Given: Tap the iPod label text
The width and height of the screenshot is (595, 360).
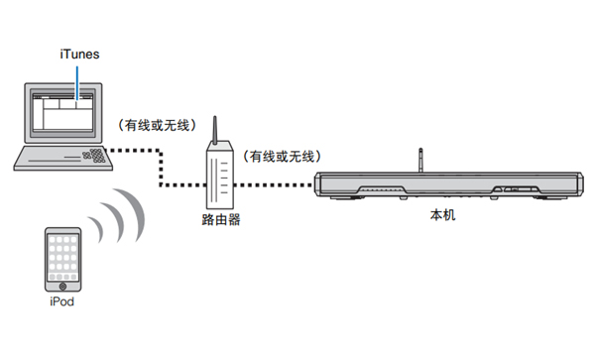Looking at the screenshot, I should (x=60, y=300).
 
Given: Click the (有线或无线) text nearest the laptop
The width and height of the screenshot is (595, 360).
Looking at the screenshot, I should (x=156, y=124).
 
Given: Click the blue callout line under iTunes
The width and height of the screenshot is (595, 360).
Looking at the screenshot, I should (x=71, y=83).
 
